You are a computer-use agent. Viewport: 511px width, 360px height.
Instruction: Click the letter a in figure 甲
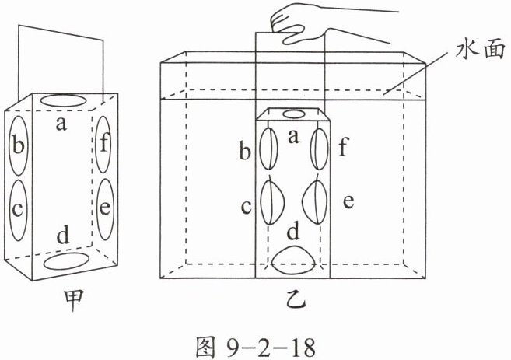pyautogui.click(x=61, y=124)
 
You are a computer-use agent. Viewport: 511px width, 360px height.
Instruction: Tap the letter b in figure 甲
pyautogui.click(x=18, y=144)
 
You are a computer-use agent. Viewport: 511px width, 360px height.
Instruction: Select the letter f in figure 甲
pyautogui.click(x=104, y=142)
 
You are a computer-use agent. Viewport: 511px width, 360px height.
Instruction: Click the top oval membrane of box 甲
pyautogui.click(x=62, y=100)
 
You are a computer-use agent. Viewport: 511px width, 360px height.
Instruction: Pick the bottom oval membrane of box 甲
pyautogui.click(x=67, y=260)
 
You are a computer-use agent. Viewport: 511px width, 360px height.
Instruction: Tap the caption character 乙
pyautogui.click(x=296, y=299)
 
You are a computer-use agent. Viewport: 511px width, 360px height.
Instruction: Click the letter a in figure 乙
pyautogui.click(x=294, y=137)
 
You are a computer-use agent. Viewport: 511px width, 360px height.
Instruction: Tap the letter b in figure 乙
pyautogui.click(x=245, y=150)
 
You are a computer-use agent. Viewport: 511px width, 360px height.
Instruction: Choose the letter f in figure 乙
pyautogui.click(x=344, y=146)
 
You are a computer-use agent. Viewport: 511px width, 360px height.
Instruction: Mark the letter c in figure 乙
pyautogui.click(x=246, y=207)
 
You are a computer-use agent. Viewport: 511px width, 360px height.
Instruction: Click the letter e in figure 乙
pyautogui.click(x=348, y=201)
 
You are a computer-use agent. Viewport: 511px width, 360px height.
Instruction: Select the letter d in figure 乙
pyautogui.click(x=293, y=232)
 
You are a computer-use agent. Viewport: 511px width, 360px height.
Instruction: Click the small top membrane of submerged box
pyautogui.click(x=293, y=114)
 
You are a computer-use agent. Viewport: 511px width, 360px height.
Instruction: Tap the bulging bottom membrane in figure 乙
pyautogui.click(x=293, y=260)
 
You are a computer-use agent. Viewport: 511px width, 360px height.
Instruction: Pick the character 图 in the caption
pyautogui.click(x=205, y=348)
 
